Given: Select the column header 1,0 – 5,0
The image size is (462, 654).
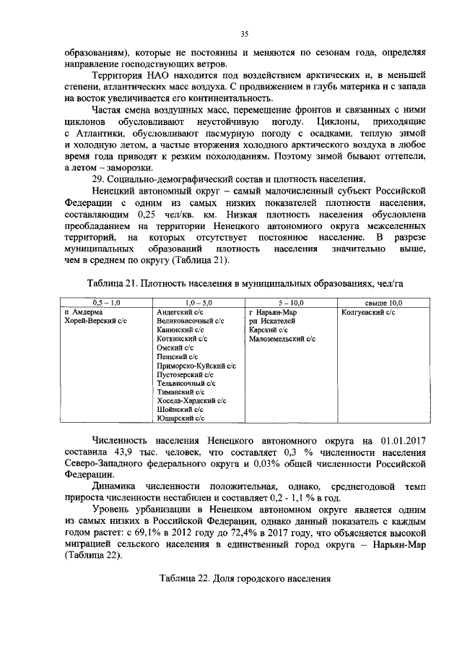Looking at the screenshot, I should click(198, 303).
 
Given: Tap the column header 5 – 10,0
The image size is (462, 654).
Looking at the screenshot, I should click(290, 303).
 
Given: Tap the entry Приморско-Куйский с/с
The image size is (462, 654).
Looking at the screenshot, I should click(196, 365).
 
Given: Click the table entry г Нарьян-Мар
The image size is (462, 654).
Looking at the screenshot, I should click(272, 311).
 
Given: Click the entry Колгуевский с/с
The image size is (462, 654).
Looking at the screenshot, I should click(367, 311).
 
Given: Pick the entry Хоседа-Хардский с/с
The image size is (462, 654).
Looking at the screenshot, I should click(191, 400).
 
